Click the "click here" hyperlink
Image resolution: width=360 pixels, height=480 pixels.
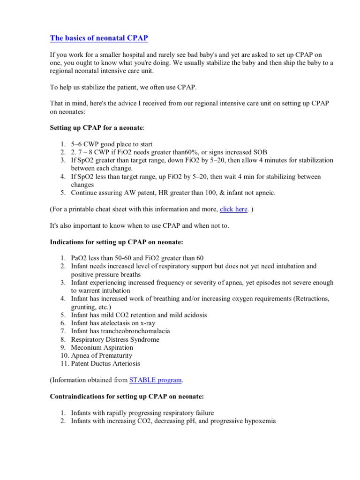pyautogui.click(x=233, y=209)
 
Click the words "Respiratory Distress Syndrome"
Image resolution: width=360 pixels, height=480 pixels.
pyautogui.click(x=115, y=339)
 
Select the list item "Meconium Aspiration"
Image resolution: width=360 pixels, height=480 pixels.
pyautogui.click(x=102, y=348)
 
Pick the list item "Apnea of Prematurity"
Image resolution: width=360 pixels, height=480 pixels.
pyautogui.click(x=101, y=356)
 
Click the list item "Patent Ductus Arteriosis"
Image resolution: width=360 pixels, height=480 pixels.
pyautogui.click(x=105, y=364)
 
